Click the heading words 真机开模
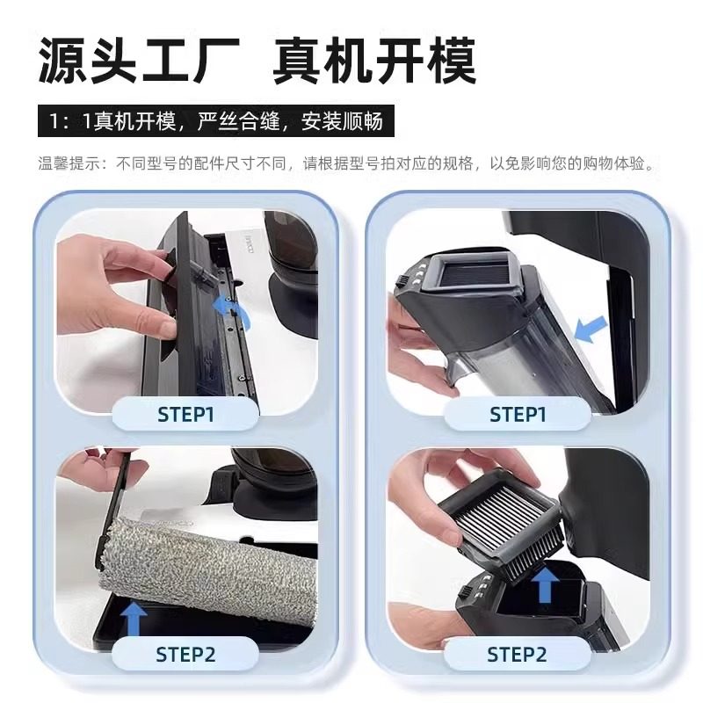[x=374, y=61]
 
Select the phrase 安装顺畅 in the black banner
[x=342, y=121]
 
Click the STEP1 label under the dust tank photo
[x=518, y=414]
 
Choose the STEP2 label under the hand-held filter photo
[x=518, y=653]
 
